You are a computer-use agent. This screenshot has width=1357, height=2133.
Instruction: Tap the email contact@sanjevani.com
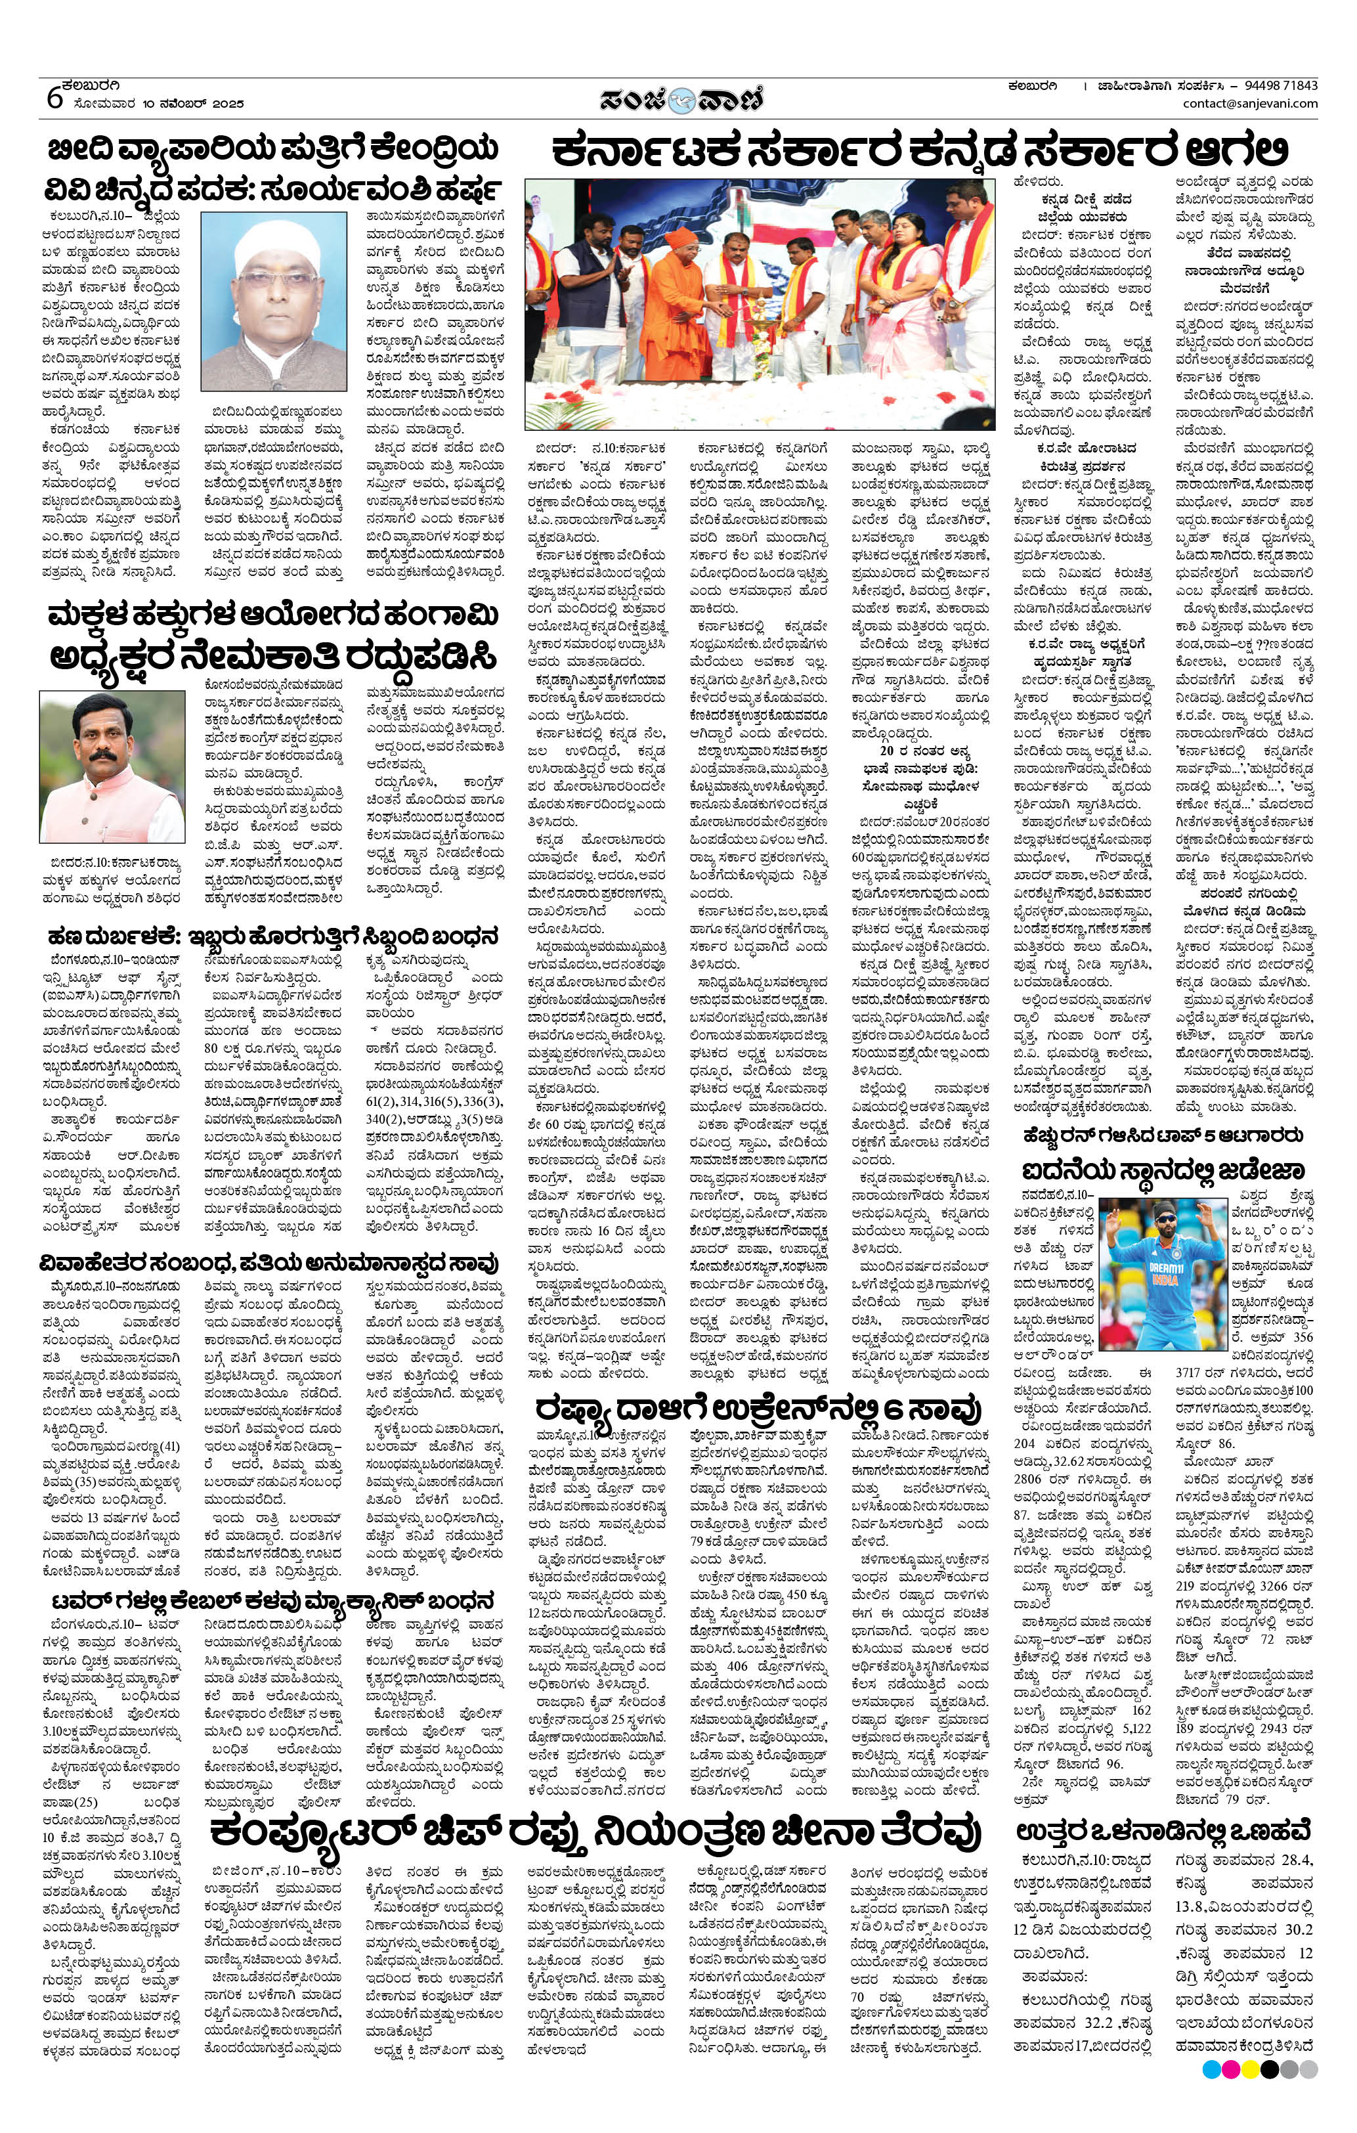tap(1250, 104)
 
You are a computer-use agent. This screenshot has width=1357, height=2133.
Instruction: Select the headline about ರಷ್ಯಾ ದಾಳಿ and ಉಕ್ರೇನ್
tap(758, 1409)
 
